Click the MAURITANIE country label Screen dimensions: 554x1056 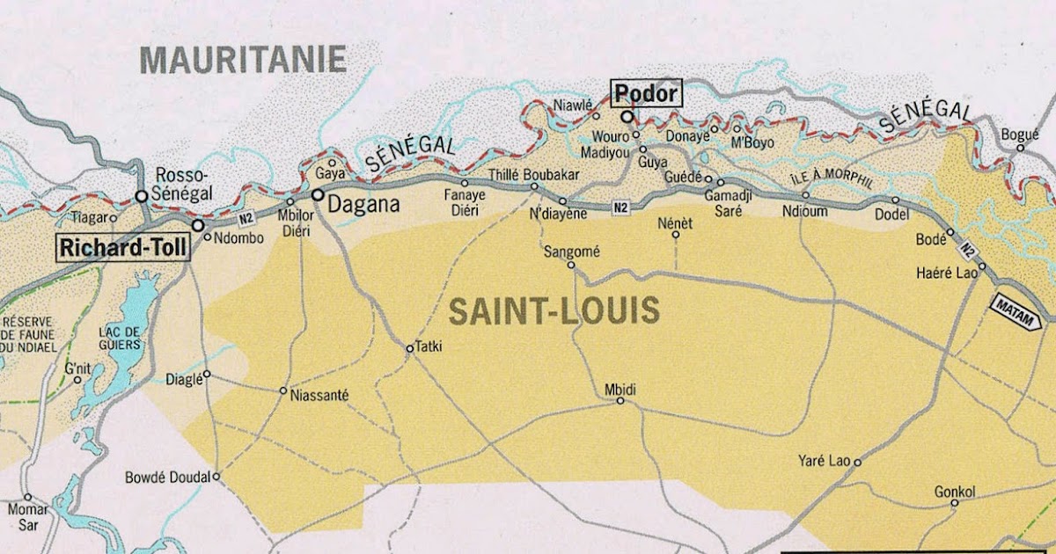(x=244, y=60)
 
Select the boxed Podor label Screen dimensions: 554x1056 (x=646, y=93)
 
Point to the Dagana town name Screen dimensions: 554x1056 (x=363, y=204)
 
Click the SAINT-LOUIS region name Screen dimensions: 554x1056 (x=554, y=310)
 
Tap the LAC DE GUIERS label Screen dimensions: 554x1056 (x=121, y=338)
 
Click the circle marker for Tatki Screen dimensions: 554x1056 (x=409, y=349)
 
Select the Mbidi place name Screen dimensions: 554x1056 (x=620, y=390)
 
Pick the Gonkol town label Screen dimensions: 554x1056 (x=955, y=492)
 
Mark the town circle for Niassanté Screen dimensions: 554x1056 (x=283, y=390)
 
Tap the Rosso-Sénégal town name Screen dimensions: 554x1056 (x=183, y=183)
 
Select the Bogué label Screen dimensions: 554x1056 (x=1020, y=135)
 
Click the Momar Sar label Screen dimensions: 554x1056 (x=27, y=515)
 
